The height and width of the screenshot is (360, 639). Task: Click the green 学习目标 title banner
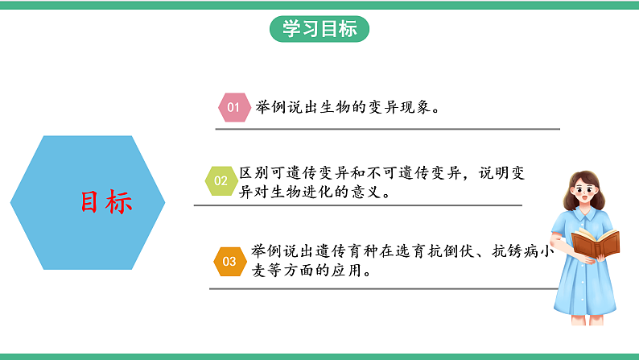click(x=319, y=29)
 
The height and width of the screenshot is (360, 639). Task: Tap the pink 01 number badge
click(x=233, y=107)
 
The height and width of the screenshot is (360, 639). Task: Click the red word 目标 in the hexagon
click(x=105, y=202)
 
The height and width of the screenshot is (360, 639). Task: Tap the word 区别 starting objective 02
click(x=255, y=173)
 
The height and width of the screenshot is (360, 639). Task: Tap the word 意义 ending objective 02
click(x=372, y=193)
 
